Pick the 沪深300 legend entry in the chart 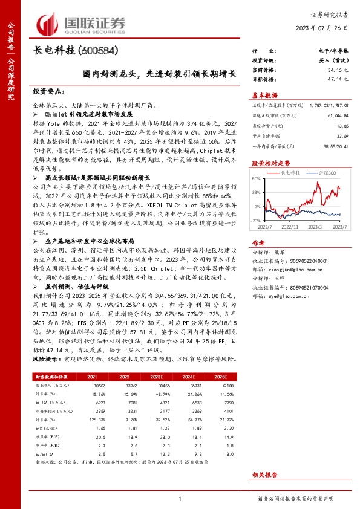[326, 172]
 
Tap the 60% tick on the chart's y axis [257, 179]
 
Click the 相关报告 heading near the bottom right [264, 476]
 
